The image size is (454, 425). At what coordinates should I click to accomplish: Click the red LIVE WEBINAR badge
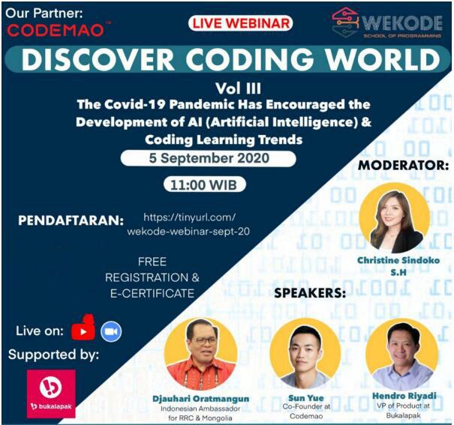click(x=240, y=23)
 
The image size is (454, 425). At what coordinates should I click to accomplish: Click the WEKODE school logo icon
click(x=344, y=22)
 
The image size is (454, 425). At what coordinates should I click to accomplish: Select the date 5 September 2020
click(x=209, y=158)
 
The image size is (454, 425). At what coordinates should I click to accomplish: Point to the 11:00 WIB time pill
click(x=204, y=184)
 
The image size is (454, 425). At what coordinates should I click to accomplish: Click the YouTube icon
click(x=83, y=328)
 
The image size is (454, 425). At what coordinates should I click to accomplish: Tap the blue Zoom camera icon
click(x=111, y=331)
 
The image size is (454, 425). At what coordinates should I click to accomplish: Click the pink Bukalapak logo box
click(x=51, y=394)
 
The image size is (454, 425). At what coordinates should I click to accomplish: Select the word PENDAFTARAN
click(x=71, y=220)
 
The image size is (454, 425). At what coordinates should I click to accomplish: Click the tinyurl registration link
click(x=188, y=224)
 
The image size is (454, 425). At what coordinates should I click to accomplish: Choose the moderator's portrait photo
click(x=395, y=217)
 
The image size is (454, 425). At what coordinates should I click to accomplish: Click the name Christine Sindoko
click(x=398, y=260)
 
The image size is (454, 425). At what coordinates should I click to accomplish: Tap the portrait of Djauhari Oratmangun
click(x=200, y=354)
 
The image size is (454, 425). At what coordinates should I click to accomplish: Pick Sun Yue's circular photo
click(x=305, y=353)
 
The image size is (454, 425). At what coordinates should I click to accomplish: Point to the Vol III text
click(x=238, y=88)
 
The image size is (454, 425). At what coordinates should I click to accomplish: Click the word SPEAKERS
click(x=310, y=293)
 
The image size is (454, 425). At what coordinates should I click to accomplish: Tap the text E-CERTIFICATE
click(x=152, y=294)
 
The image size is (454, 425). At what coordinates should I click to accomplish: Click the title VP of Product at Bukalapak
click(x=403, y=411)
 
